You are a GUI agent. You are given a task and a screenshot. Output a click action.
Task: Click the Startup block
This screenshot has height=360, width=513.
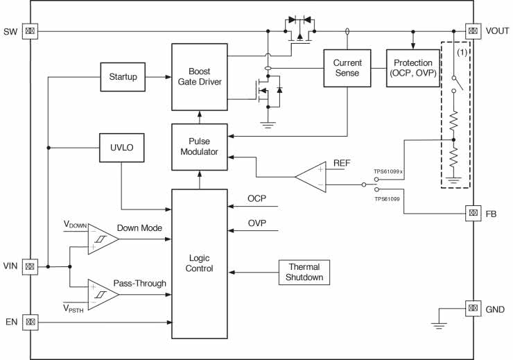(123, 76)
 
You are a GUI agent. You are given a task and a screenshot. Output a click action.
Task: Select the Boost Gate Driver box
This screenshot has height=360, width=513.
(199, 76)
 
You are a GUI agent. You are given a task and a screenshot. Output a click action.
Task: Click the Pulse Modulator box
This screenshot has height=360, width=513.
(199, 147)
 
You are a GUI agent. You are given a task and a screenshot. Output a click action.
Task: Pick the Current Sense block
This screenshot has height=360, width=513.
(347, 67)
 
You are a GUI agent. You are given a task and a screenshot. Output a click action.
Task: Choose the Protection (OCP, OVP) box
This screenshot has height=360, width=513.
(413, 67)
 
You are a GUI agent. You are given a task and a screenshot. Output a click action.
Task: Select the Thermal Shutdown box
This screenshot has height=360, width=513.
(304, 272)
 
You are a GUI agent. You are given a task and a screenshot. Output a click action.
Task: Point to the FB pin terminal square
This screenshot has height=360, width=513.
(473, 213)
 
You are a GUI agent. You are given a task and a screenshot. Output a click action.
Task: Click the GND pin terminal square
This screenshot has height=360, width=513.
(473, 308)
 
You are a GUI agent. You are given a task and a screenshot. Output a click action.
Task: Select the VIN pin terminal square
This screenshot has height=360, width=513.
(30, 266)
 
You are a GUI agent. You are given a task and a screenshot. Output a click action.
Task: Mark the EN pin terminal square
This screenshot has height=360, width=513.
(30, 321)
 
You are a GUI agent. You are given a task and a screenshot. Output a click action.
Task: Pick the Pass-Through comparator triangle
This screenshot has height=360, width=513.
(101, 293)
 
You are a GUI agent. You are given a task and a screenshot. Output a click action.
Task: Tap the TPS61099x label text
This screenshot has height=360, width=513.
(388, 170)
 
